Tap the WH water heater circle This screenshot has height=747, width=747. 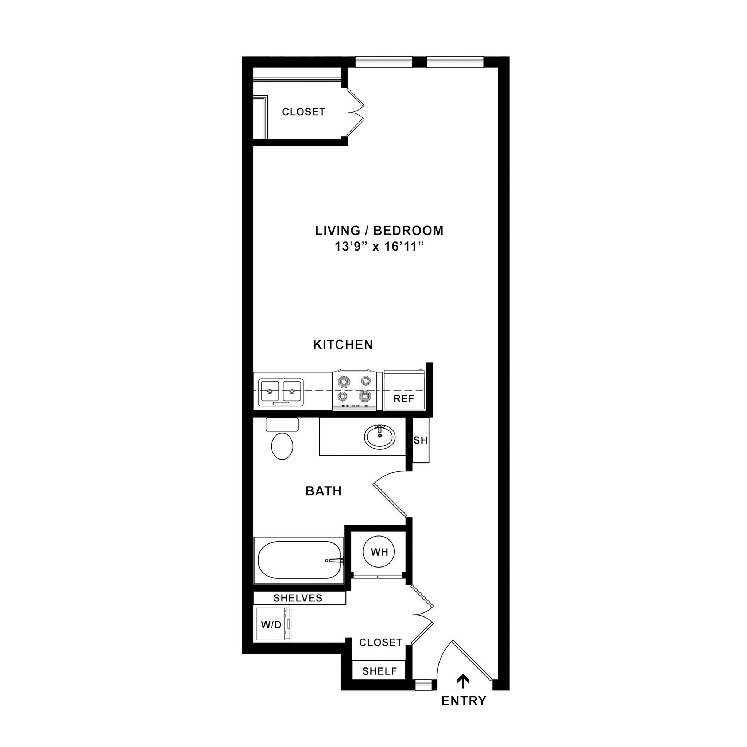(x=379, y=552)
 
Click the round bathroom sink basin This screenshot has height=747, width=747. (x=380, y=437)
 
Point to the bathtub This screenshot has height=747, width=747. (x=298, y=560)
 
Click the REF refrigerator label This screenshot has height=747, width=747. (x=404, y=399)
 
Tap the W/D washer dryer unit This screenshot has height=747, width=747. (x=274, y=624)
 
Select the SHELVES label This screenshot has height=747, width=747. (x=298, y=598)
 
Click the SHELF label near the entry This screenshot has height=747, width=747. (x=380, y=671)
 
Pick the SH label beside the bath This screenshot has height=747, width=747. (x=421, y=440)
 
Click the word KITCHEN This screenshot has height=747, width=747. (x=342, y=344)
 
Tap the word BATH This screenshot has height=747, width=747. (x=324, y=491)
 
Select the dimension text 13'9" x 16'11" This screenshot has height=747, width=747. (x=378, y=247)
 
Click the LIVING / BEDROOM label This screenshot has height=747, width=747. (x=379, y=231)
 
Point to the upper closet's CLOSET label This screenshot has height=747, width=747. (x=303, y=112)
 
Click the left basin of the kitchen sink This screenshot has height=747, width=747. (x=270, y=391)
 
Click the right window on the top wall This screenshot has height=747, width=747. (x=455, y=62)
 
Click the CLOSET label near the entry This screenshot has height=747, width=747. (x=381, y=642)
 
